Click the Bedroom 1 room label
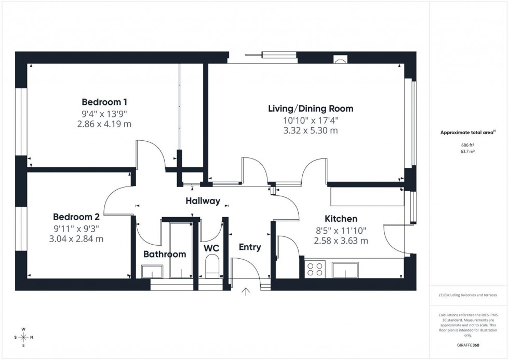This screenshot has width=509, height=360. click(104, 102)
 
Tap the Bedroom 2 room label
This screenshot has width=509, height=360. click(76, 217)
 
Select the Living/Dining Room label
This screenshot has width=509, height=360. click(311, 109)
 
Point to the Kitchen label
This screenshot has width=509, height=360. click(341, 219)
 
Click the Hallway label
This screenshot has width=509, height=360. click(203, 201)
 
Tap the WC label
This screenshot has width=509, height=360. click(211, 248)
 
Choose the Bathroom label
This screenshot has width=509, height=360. click(164, 254)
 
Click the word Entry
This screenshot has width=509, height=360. click(249, 247)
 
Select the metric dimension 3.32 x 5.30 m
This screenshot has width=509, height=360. click(311, 130)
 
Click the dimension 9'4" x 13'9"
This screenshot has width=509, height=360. click(104, 114)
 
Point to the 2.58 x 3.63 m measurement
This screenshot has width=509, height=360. click(341, 241)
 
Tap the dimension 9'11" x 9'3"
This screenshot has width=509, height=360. click(76, 228)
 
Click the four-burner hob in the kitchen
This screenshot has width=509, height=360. click(314, 269)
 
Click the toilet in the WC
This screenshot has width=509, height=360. click(212, 270)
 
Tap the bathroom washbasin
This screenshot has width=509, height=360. click(152, 271)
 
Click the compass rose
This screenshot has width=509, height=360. click(23, 337)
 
